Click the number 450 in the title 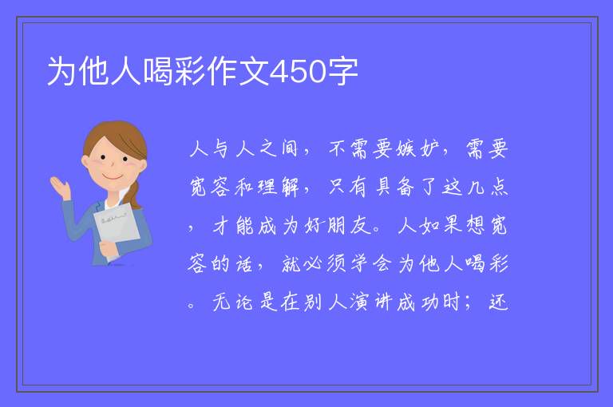[298, 72]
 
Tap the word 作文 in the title [238, 72]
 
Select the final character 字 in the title [342, 72]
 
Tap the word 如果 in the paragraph [440, 225]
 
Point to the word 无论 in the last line [233, 302]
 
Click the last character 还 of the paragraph [498, 302]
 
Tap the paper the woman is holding [117, 227]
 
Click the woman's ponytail [134, 195]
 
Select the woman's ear [85, 161]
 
